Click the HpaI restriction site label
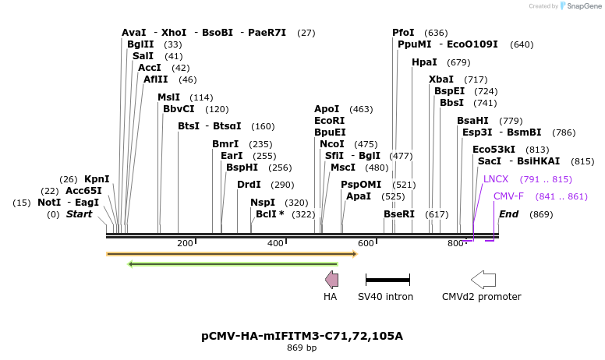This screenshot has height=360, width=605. pyautogui.click(x=424, y=62)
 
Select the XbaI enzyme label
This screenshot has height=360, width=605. pyautogui.click(x=440, y=79)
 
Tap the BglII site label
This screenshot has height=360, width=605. pyautogui.click(x=140, y=44)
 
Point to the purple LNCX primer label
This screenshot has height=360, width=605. pyautogui.click(x=495, y=179)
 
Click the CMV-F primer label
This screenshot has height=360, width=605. pyautogui.click(x=508, y=196)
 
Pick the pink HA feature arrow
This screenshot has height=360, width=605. pyautogui.click(x=331, y=279)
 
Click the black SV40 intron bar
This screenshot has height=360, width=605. pyautogui.click(x=387, y=279)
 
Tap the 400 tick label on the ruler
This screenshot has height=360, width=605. pyautogui.click(x=275, y=244)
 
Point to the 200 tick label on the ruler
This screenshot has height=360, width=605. pyautogui.click(x=185, y=244)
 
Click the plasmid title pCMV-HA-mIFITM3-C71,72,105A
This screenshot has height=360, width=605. pyautogui.click(x=302, y=337)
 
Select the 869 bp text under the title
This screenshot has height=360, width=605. pyautogui.click(x=302, y=348)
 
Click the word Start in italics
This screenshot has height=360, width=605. pyautogui.click(x=79, y=214)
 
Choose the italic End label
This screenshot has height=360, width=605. pyautogui.click(x=508, y=214)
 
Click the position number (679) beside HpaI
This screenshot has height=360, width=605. pyautogui.click(x=458, y=62)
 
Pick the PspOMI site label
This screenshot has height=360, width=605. pyautogui.click(x=361, y=185)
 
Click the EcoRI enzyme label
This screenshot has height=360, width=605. pyautogui.click(x=329, y=121)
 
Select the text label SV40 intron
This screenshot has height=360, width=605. pyautogui.click(x=385, y=297)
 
